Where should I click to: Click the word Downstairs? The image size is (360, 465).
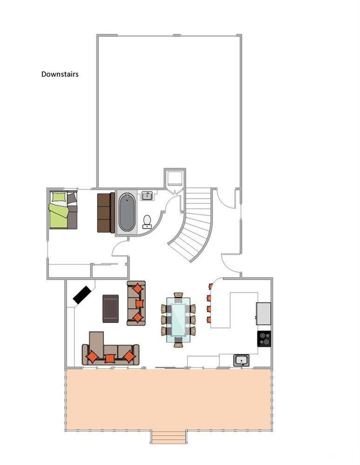[60, 74]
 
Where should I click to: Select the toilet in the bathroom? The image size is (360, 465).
[147, 222]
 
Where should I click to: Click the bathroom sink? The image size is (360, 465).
[147, 195]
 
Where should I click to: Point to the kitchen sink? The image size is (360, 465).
[241, 360]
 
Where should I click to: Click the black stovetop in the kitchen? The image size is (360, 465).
[264, 339]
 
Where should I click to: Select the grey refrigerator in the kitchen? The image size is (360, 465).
[263, 313]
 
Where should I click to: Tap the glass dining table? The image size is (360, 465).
[178, 319]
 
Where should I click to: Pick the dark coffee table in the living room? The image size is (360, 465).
[111, 309]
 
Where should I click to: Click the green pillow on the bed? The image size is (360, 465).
[59, 197]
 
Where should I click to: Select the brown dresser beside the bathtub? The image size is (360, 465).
[106, 213]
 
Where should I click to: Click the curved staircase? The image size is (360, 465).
[194, 224]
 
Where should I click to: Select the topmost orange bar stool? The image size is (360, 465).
[211, 286]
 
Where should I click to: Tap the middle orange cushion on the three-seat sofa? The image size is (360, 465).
[139, 303]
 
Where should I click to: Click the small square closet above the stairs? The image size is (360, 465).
[175, 178]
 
